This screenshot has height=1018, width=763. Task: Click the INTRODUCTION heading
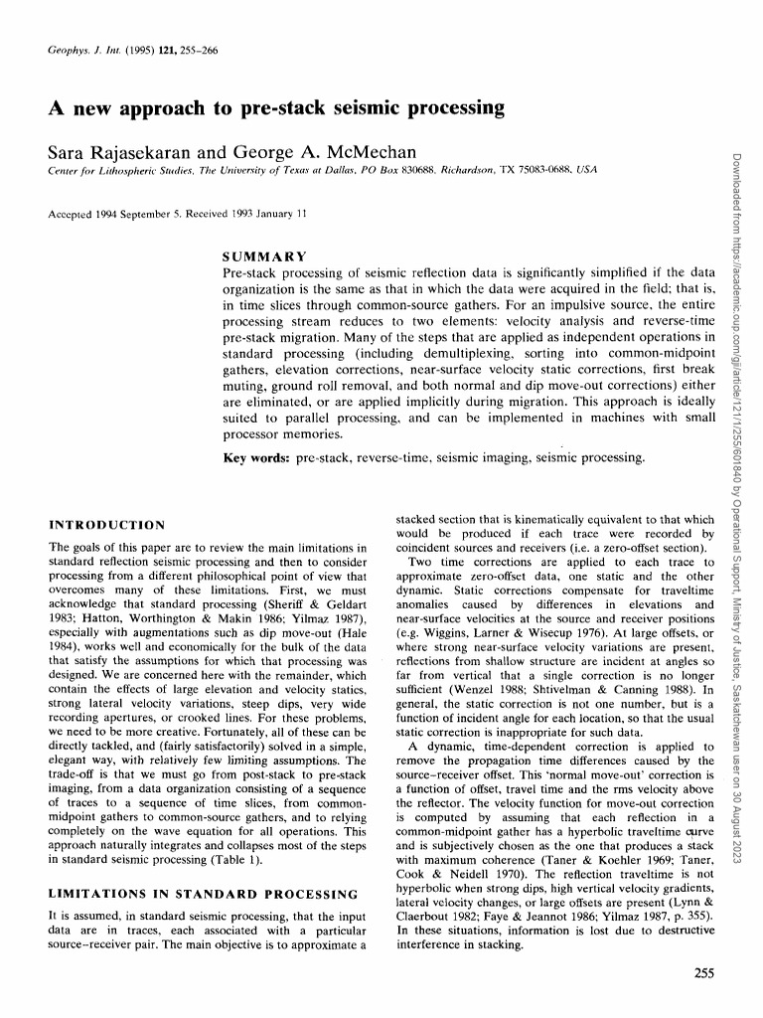[107, 524]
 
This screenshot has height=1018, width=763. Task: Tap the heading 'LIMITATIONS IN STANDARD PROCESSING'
[203, 895]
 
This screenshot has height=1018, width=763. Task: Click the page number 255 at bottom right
[705, 973]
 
